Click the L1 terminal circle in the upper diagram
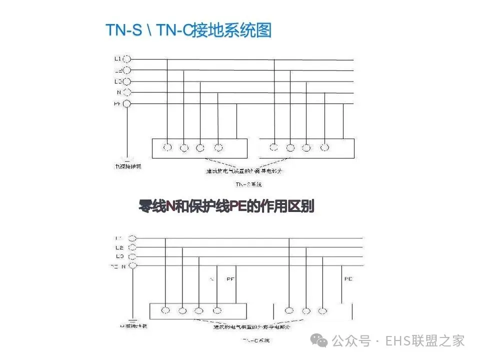pyautogui.click(x=126, y=59)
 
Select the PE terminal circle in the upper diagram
pyautogui.click(x=126, y=103)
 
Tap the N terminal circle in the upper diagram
pyautogui.click(x=126, y=92)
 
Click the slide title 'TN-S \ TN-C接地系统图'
pyautogui.click(x=189, y=30)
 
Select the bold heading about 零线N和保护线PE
pyautogui.click(x=226, y=206)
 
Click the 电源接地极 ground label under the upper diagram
pyautogui.click(x=128, y=166)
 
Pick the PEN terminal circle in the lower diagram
pyautogui.click(x=132, y=266)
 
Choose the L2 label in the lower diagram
pyautogui.click(x=119, y=247)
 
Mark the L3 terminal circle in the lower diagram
pyautogui.click(x=132, y=256)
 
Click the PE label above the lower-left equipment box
pyautogui.click(x=231, y=278)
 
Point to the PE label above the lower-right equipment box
pyautogui.click(x=348, y=278)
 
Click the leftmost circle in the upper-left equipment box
pyautogui.click(x=167, y=147)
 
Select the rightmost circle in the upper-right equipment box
pyautogui.click(x=325, y=147)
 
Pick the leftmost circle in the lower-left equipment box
pyautogui.click(x=165, y=310)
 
